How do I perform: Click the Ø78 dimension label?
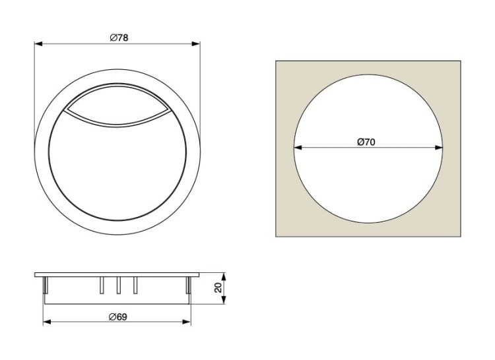[119, 38]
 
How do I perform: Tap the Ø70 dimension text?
[366, 142]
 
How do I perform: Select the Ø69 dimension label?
[117, 316]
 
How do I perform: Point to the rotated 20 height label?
[218, 287]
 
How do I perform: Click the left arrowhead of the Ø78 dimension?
[38, 44]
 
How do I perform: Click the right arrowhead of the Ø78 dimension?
[196, 44]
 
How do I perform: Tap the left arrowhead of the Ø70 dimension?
[298, 147]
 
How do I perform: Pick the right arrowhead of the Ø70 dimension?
[439, 147]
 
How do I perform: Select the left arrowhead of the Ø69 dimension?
[47, 322]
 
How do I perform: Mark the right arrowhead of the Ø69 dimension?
[187, 322]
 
